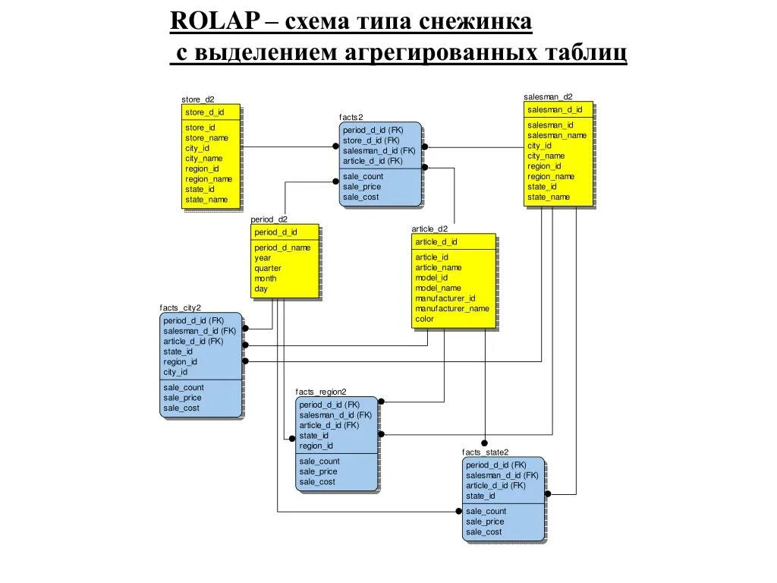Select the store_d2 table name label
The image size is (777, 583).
pyautogui.click(x=198, y=99)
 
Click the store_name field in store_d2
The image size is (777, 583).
pyautogui.click(x=206, y=138)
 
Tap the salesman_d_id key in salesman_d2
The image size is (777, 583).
pyautogui.click(x=554, y=109)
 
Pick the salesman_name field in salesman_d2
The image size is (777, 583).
pyautogui.click(x=557, y=135)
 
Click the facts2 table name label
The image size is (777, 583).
pyautogui.click(x=351, y=117)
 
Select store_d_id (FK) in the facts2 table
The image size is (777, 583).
pyautogui.click(x=371, y=140)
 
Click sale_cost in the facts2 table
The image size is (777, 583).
pyautogui.click(x=361, y=197)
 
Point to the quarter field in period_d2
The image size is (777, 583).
pyautogui.click(x=268, y=268)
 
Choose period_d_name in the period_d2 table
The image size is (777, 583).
pyautogui.click(x=282, y=247)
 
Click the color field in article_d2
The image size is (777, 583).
pyautogui.click(x=424, y=319)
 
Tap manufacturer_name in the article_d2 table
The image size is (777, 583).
pyautogui.click(x=452, y=309)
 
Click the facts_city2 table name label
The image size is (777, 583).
pyautogui.click(x=180, y=307)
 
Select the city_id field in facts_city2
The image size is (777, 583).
pyautogui.click(x=175, y=372)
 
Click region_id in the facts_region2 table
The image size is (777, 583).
pyautogui.click(x=316, y=446)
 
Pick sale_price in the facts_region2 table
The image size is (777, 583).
pyautogui.click(x=319, y=471)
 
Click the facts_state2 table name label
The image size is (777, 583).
pyautogui.click(x=485, y=452)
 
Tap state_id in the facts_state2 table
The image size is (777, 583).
pyautogui.click(x=480, y=496)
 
